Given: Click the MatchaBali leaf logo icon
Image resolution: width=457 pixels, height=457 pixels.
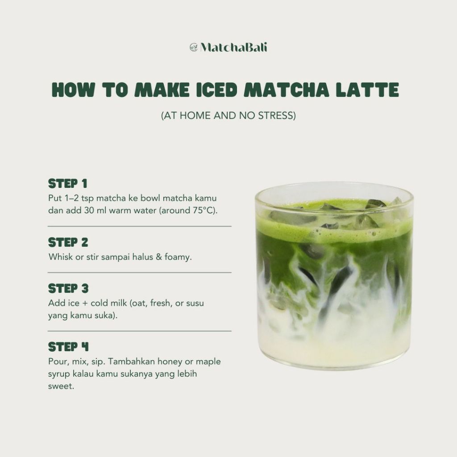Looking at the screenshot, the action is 194,47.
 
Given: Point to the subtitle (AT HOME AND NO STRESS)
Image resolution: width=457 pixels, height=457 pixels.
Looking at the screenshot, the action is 228,116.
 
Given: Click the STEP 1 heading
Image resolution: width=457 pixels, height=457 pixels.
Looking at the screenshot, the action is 68,183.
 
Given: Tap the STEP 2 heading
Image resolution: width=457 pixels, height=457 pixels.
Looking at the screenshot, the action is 68,242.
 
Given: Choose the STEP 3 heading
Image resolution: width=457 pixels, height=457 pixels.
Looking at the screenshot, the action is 68,289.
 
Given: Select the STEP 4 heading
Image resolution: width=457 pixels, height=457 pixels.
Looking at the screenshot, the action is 68,347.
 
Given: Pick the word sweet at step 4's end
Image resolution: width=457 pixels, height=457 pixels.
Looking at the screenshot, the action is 60,386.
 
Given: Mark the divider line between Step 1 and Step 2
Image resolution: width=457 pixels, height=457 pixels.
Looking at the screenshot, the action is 140,226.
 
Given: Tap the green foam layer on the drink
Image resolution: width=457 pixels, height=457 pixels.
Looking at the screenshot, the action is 335,232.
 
